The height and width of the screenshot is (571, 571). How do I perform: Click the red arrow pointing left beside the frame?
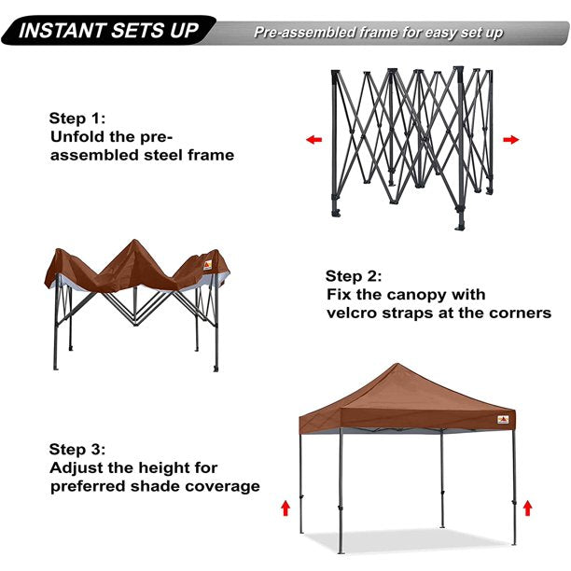pyautogui.click(x=313, y=140)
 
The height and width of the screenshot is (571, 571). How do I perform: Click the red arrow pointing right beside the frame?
pyautogui.click(x=510, y=140)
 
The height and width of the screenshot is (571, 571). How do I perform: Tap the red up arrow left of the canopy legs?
pyautogui.click(x=285, y=508)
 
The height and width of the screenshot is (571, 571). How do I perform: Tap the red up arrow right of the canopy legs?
pyautogui.click(x=527, y=508)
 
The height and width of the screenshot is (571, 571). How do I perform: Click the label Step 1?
pyautogui.click(x=77, y=118)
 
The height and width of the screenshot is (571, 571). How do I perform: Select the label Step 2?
pyautogui.click(x=355, y=276)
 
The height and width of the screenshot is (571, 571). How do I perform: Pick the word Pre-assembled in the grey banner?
pyautogui.click(x=302, y=33)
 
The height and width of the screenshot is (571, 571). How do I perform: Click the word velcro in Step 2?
pyautogui.click(x=355, y=313)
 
